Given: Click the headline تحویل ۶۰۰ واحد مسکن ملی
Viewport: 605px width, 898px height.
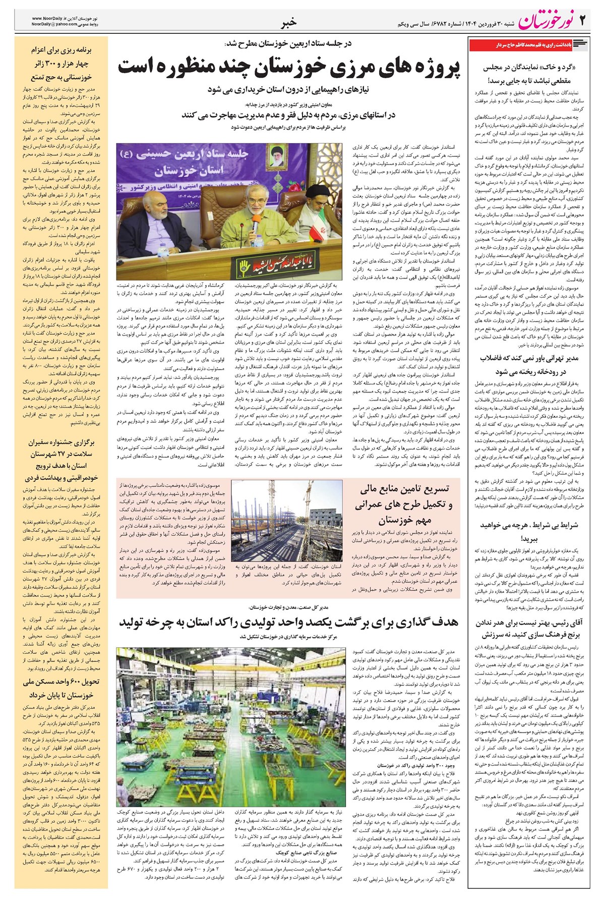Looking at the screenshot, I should tap(62, 688).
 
